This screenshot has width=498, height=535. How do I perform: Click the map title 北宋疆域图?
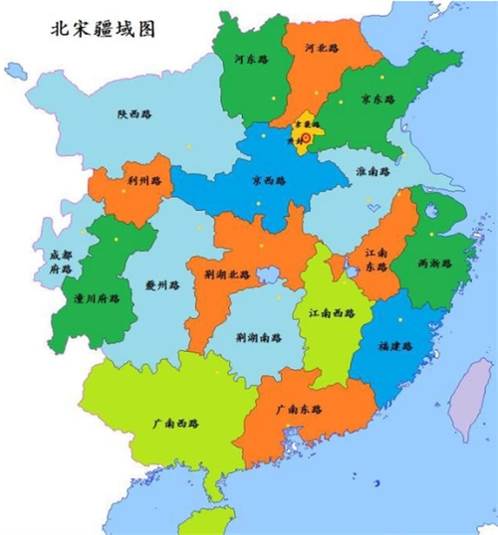tap(105, 30)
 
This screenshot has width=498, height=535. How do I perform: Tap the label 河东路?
tap(251, 60)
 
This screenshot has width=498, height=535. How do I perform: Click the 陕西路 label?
tap(134, 114)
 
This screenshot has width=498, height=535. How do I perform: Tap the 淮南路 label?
tap(373, 171)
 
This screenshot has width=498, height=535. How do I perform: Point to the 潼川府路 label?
tap(97, 297)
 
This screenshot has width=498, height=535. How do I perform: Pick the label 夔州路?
tap(160, 283)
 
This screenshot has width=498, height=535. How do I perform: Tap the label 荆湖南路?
tap(258, 337)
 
